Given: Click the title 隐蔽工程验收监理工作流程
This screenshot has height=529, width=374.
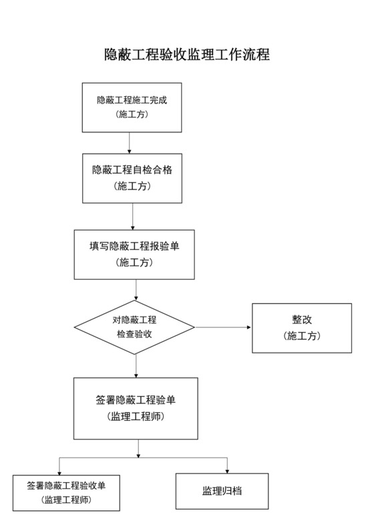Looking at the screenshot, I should click(x=187, y=54).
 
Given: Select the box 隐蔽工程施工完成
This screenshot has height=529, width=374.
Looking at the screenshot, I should click(x=131, y=107).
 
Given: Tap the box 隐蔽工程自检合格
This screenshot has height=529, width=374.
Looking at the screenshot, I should click(x=132, y=178).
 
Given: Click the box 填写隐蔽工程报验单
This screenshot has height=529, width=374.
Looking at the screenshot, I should click(x=134, y=254).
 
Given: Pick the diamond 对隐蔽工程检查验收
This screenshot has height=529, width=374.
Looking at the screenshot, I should click(x=134, y=327).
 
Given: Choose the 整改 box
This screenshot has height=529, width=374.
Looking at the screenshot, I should click(x=301, y=328).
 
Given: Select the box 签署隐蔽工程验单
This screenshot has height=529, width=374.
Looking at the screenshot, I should click(x=136, y=408).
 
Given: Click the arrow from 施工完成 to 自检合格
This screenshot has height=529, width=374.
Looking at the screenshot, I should click(x=129, y=143).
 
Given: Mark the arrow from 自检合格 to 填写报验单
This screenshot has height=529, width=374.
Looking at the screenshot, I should click(x=133, y=216).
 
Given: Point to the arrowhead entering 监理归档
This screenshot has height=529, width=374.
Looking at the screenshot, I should click(x=227, y=470).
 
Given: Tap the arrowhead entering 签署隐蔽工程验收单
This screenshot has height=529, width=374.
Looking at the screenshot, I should click(x=59, y=472).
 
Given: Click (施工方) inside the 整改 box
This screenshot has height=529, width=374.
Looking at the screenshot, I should click(x=301, y=336).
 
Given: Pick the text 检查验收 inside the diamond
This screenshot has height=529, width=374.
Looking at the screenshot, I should click(x=134, y=334).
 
